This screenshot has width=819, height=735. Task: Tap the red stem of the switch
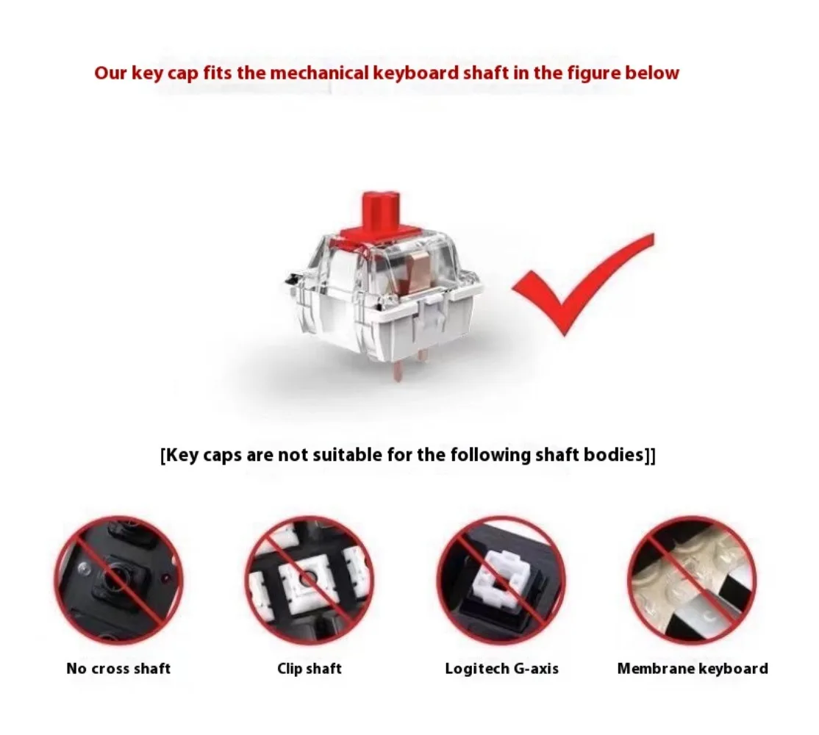(381, 214)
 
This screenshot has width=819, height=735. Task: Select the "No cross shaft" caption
(118, 668)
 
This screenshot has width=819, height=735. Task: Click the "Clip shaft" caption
(310, 668)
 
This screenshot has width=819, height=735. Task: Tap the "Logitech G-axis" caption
(501, 669)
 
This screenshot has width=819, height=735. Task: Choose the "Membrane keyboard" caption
(693, 668)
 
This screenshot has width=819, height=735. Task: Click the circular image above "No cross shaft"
(119, 580)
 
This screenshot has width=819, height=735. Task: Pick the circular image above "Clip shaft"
(310, 580)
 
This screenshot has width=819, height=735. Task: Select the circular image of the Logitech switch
(501, 580)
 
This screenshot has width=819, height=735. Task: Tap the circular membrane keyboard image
(692, 580)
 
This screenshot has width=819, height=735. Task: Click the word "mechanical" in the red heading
(319, 73)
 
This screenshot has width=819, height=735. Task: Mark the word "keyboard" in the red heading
(416, 73)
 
